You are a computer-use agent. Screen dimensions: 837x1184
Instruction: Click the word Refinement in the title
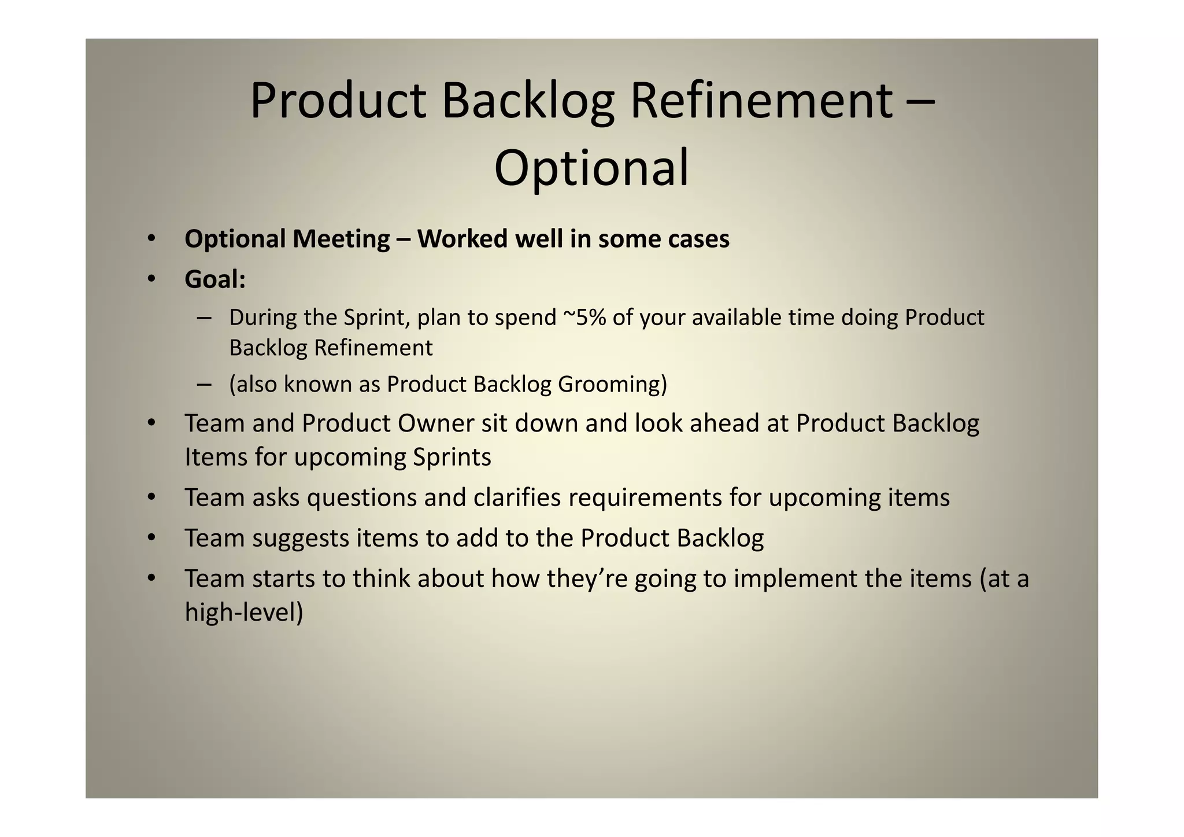(x=761, y=101)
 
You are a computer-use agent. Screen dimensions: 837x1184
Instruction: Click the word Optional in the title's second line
(x=591, y=168)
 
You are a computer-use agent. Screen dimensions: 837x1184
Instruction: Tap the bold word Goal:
(x=215, y=279)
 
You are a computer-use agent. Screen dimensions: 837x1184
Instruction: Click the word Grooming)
(x=612, y=384)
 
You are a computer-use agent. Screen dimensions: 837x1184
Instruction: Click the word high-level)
(x=243, y=612)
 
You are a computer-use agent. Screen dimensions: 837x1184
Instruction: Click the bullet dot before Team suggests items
(x=151, y=538)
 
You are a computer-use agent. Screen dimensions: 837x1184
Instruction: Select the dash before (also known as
(x=203, y=384)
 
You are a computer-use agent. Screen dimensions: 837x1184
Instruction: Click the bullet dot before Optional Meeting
(x=151, y=239)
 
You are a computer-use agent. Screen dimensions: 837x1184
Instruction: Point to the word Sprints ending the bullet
(x=452, y=457)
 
